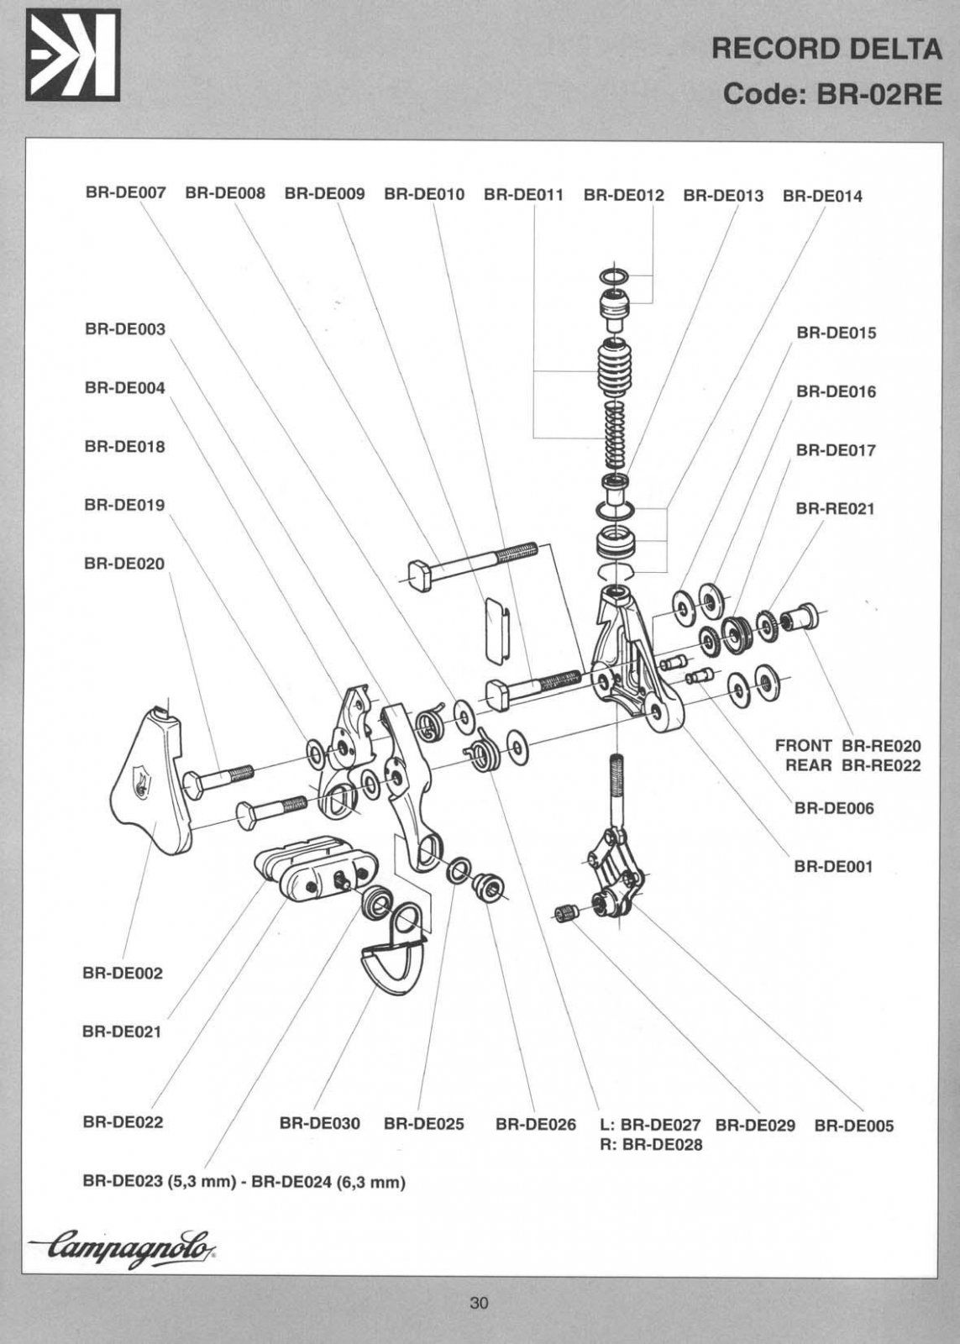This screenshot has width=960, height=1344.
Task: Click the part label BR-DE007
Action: click(x=125, y=194)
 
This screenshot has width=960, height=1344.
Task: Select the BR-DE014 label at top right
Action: click(x=822, y=197)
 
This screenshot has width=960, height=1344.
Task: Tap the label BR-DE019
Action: click(x=124, y=505)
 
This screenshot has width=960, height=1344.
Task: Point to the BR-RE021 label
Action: click(x=835, y=509)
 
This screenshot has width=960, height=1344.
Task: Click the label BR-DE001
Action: click(x=833, y=866)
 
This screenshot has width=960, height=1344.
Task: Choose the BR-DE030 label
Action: click(x=319, y=1124)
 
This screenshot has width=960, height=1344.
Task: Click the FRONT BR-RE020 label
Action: click(x=847, y=746)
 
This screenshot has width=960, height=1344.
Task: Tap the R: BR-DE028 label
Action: click(x=651, y=1144)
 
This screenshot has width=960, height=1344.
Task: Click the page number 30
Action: click(x=479, y=1304)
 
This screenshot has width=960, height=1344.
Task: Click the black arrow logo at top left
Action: click(x=72, y=55)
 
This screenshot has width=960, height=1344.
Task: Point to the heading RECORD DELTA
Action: click(x=826, y=50)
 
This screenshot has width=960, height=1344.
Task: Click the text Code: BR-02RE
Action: click(x=832, y=93)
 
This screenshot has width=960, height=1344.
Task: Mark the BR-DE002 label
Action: click(x=123, y=974)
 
